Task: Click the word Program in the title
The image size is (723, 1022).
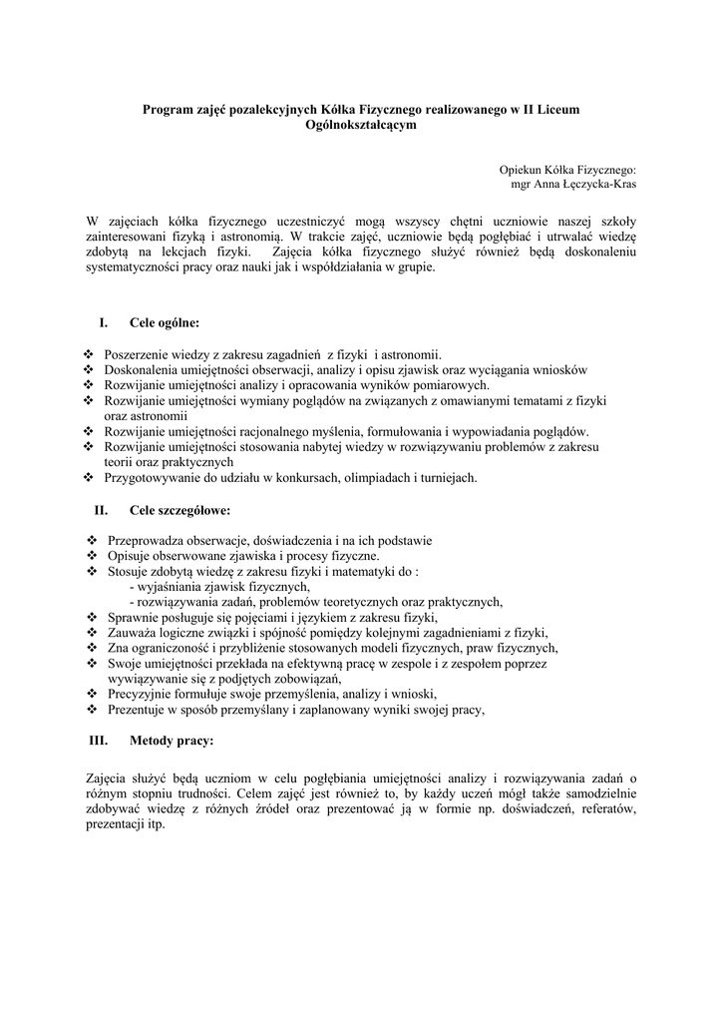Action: tap(168, 109)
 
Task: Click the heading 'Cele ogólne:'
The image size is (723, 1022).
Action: tap(165, 322)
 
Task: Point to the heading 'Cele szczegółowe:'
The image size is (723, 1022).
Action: tap(180, 511)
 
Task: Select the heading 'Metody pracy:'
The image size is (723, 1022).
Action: tap(171, 741)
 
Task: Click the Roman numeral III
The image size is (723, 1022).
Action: tap(99, 741)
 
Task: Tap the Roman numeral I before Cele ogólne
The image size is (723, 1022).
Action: tap(102, 322)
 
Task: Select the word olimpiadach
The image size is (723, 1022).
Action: tap(387, 478)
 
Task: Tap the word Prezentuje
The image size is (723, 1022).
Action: tap(134, 711)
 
